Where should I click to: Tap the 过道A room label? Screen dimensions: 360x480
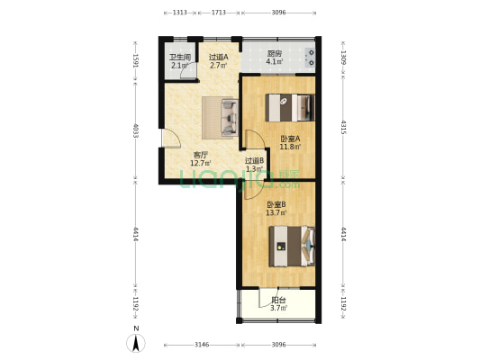pyautogui.click(x=219, y=57)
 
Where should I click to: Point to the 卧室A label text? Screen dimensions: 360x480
pyautogui.click(x=288, y=139)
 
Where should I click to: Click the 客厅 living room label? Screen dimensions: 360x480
pyautogui.click(x=201, y=155)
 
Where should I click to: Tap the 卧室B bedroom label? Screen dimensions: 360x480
pyautogui.click(x=276, y=206)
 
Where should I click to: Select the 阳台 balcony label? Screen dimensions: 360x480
pyautogui.click(x=278, y=301)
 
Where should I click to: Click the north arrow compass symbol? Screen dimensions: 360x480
pyautogui.click(x=135, y=343)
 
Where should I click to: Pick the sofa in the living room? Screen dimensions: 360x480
pyautogui.click(x=220, y=115)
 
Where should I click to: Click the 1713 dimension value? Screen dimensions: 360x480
pyautogui.click(x=218, y=13)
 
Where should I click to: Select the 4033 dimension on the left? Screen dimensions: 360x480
pyautogui.click(x=136, y=130)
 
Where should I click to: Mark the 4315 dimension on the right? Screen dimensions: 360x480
pyautogui.click(x=343, y=127)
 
